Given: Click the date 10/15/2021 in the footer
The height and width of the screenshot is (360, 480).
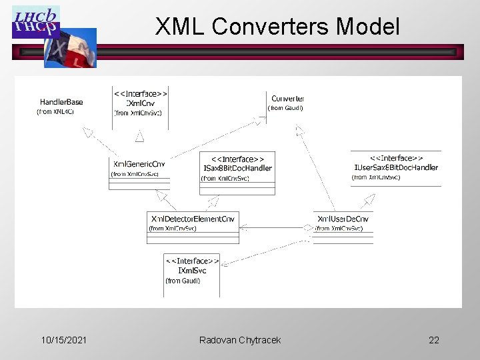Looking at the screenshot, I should [x=63, y=340].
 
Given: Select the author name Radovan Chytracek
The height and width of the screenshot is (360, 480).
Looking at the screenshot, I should [x=240, y=340].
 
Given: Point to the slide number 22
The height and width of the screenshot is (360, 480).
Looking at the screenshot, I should [x=434, y=340].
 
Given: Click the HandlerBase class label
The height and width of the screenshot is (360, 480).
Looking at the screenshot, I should [x=61, y=102].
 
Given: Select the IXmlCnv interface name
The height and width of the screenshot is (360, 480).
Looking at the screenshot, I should [x=140, y=103].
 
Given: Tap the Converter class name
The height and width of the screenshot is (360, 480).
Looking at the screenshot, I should [x=287, y=99].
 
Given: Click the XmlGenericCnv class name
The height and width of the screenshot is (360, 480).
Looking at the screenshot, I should [x=139, y=164].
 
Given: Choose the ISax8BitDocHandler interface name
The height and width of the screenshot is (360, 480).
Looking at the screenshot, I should [x=237, y=168].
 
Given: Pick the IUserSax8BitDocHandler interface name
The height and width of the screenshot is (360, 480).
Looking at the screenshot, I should [x=395, y=167].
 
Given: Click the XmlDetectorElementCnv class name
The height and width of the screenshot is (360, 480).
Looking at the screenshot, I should [x=193, y=219].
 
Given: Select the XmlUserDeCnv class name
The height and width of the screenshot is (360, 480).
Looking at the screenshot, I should [x=343, y=219].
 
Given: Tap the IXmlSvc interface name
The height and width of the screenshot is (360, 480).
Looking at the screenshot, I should [x=192, y=271].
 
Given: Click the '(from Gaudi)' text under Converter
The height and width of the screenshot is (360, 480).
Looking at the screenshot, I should [x=285, y=108].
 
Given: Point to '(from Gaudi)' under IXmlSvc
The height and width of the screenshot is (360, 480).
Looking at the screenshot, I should [x=183, y=281].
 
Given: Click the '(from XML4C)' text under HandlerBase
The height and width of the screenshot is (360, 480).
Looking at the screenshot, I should [x=55, y=112].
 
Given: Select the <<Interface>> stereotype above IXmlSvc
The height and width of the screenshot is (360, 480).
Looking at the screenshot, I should [x=192, y=261].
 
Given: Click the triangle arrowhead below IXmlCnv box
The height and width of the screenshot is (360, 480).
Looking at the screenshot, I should [x=140, y=136].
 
